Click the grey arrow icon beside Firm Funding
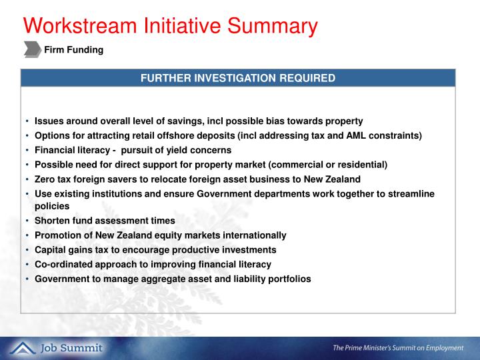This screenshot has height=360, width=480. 32,49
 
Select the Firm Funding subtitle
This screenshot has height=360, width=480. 73,49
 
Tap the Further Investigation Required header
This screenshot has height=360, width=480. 237,78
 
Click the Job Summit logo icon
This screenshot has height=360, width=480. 22,348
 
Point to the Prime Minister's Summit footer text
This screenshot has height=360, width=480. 398,348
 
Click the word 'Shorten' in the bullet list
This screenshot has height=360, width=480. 53,221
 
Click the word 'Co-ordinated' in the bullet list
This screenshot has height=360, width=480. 61,264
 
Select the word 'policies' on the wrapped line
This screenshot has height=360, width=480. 52,206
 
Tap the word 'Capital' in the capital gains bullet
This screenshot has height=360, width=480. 51,250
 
